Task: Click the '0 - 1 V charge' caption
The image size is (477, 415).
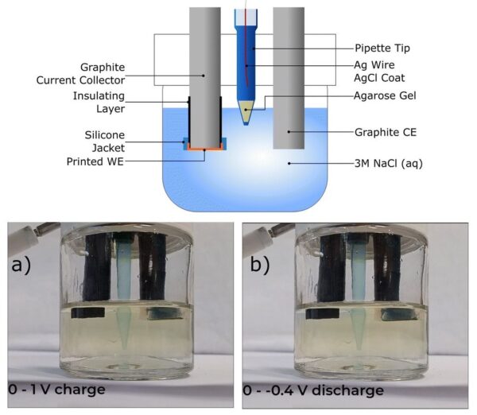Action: point(56,390)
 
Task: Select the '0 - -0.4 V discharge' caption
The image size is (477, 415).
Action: point(316,390)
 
